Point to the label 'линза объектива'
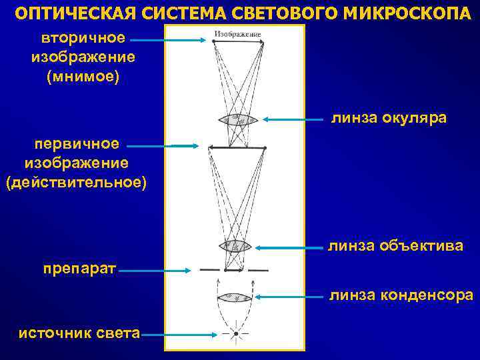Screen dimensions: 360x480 pos(395,246)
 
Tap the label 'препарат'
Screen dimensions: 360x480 pos(79,269)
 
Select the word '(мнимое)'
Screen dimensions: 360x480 pos(83,77)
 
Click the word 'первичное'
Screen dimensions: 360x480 pos(77,143)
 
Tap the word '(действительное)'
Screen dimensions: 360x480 pos(75,182)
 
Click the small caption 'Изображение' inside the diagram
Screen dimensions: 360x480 pos(237,33)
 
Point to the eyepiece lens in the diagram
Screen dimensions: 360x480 pos(238,120)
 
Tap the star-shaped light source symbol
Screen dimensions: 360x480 pos(235,333)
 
